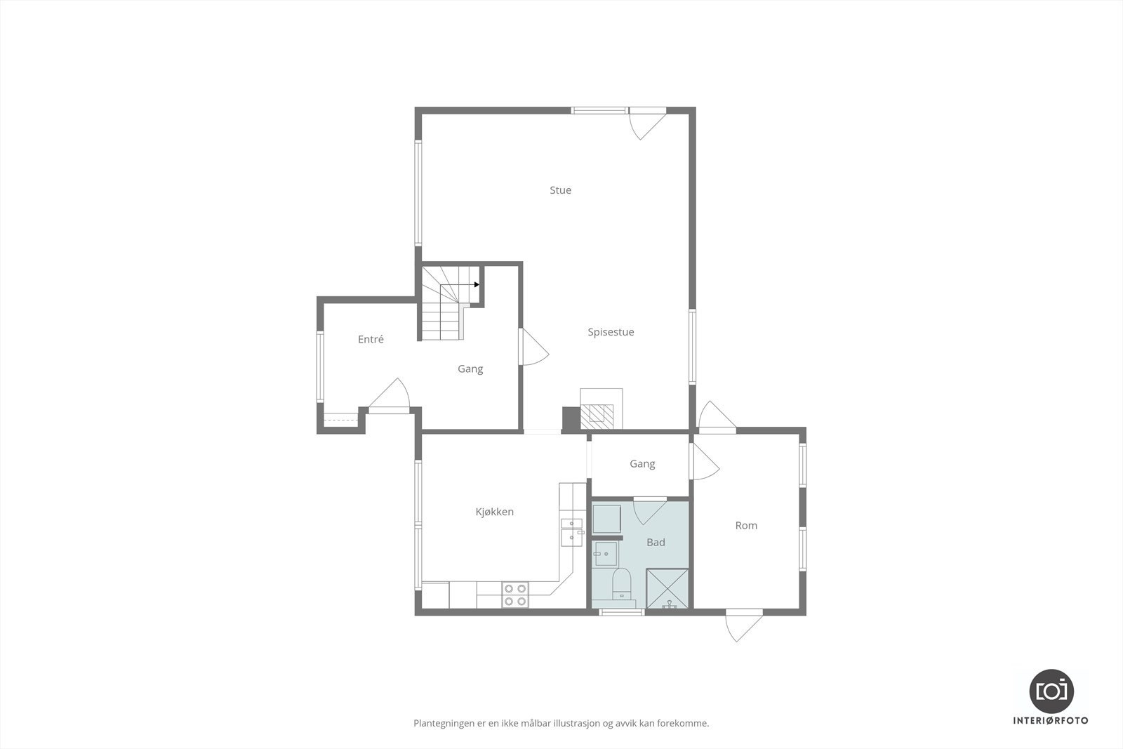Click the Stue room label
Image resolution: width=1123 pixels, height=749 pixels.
pos(560,190)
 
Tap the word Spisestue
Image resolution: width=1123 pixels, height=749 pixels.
pos(611,332)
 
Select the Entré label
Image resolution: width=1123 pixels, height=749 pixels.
pos(371,339)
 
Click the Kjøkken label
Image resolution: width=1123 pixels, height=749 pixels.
pos(494,512)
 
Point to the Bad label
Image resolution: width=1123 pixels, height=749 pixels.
pos(656,543)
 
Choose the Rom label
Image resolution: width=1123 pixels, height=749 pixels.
pos(746,525)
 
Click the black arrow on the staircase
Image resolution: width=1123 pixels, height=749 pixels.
pos(477,284)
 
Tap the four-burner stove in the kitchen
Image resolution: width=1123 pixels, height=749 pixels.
pos(515,595)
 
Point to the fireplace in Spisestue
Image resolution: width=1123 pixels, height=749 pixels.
pos(601,411)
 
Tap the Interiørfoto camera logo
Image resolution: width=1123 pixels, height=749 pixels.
pos(1051,690)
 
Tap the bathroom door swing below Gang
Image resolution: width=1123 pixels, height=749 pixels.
pos(649,510)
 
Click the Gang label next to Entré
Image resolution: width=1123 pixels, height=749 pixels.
pos(470,369)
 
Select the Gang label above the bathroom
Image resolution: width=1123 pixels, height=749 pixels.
pos(642,463)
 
